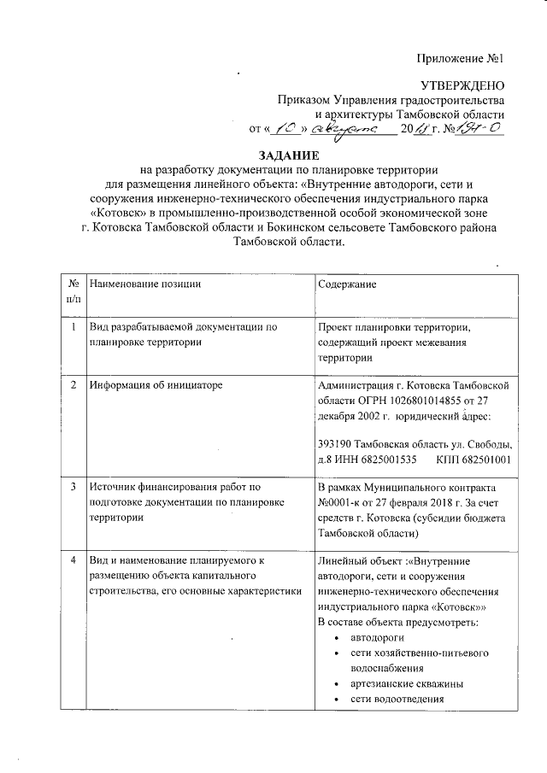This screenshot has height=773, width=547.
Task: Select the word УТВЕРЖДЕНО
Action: coord(466,84)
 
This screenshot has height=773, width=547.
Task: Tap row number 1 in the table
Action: coord(74,327)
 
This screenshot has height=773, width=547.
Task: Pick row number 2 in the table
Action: coord(74,385)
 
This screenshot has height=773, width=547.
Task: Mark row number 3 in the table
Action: coord(74,487)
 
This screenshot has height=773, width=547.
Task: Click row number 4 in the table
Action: coord(74,560)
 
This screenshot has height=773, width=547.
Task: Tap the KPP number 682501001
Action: coord(486,460)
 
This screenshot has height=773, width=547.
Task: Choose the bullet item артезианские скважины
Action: coord(401,684)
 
